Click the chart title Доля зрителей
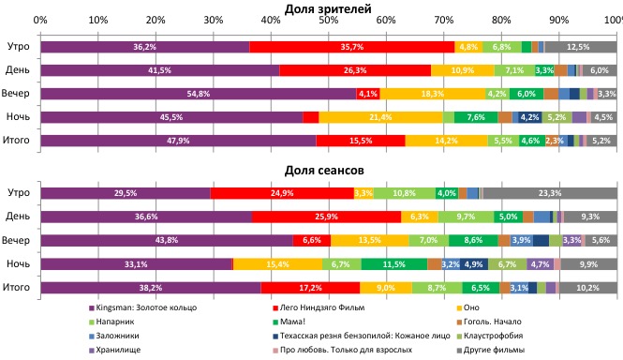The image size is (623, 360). (329, 8)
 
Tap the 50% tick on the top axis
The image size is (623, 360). (329, 20)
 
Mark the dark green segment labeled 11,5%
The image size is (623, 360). (393, 264)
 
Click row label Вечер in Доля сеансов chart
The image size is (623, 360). (18, 240)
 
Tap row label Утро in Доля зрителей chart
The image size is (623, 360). (18, 46)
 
